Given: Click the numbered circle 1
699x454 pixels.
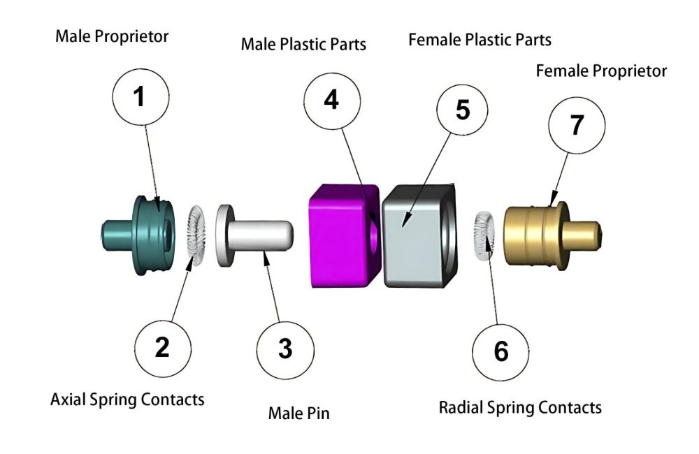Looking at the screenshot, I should coord(140,97).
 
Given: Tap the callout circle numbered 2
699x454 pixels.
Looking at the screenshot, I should coord(162,346).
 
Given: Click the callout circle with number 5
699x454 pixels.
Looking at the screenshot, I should coord(462,111).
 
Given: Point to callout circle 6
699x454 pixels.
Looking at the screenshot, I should coord(501,351).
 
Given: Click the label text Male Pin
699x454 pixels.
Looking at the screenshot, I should coord(298,413).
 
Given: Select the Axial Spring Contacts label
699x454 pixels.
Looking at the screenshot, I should coord(127,400).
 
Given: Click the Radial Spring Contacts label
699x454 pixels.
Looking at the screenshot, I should coord(520,407).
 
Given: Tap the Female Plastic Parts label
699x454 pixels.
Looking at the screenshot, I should coord(480,40).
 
